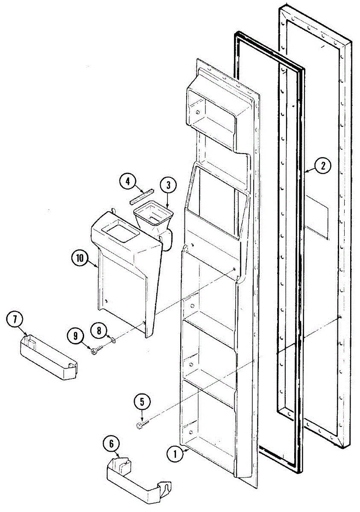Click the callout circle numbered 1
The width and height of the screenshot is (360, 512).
coord(173,454)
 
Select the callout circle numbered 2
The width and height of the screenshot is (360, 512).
coord(323,166)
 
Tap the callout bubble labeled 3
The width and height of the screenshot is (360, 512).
coord(168,185)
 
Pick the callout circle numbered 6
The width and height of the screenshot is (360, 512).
coord(111,444)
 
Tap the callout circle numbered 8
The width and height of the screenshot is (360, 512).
coord(99,330)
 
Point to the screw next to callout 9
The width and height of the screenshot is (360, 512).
coord(97,350)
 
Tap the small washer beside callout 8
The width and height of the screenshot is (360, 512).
coord(112,340)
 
